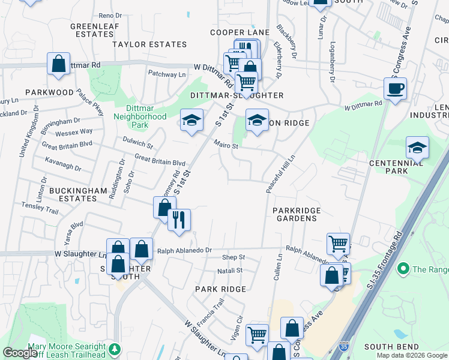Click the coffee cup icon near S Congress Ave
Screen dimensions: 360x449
[x=395, y=89]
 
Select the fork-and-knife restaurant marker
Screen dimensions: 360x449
[x=179, y=220]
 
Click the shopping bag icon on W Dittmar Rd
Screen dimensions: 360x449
[x=59, y=64]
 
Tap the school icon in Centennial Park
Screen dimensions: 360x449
[x=417, y=147]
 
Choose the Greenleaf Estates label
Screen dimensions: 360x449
[x=97, y=31]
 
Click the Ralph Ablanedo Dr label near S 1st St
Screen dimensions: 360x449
[x=185, y=250]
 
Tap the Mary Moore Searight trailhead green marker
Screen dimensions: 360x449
[x=114, y=349]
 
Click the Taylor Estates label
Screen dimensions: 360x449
[x=149, y=44]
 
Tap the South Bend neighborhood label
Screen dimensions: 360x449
[x=391, y=347]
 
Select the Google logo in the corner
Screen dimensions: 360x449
[x=20, y=353]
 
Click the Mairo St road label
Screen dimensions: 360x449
[x=226, y=145]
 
